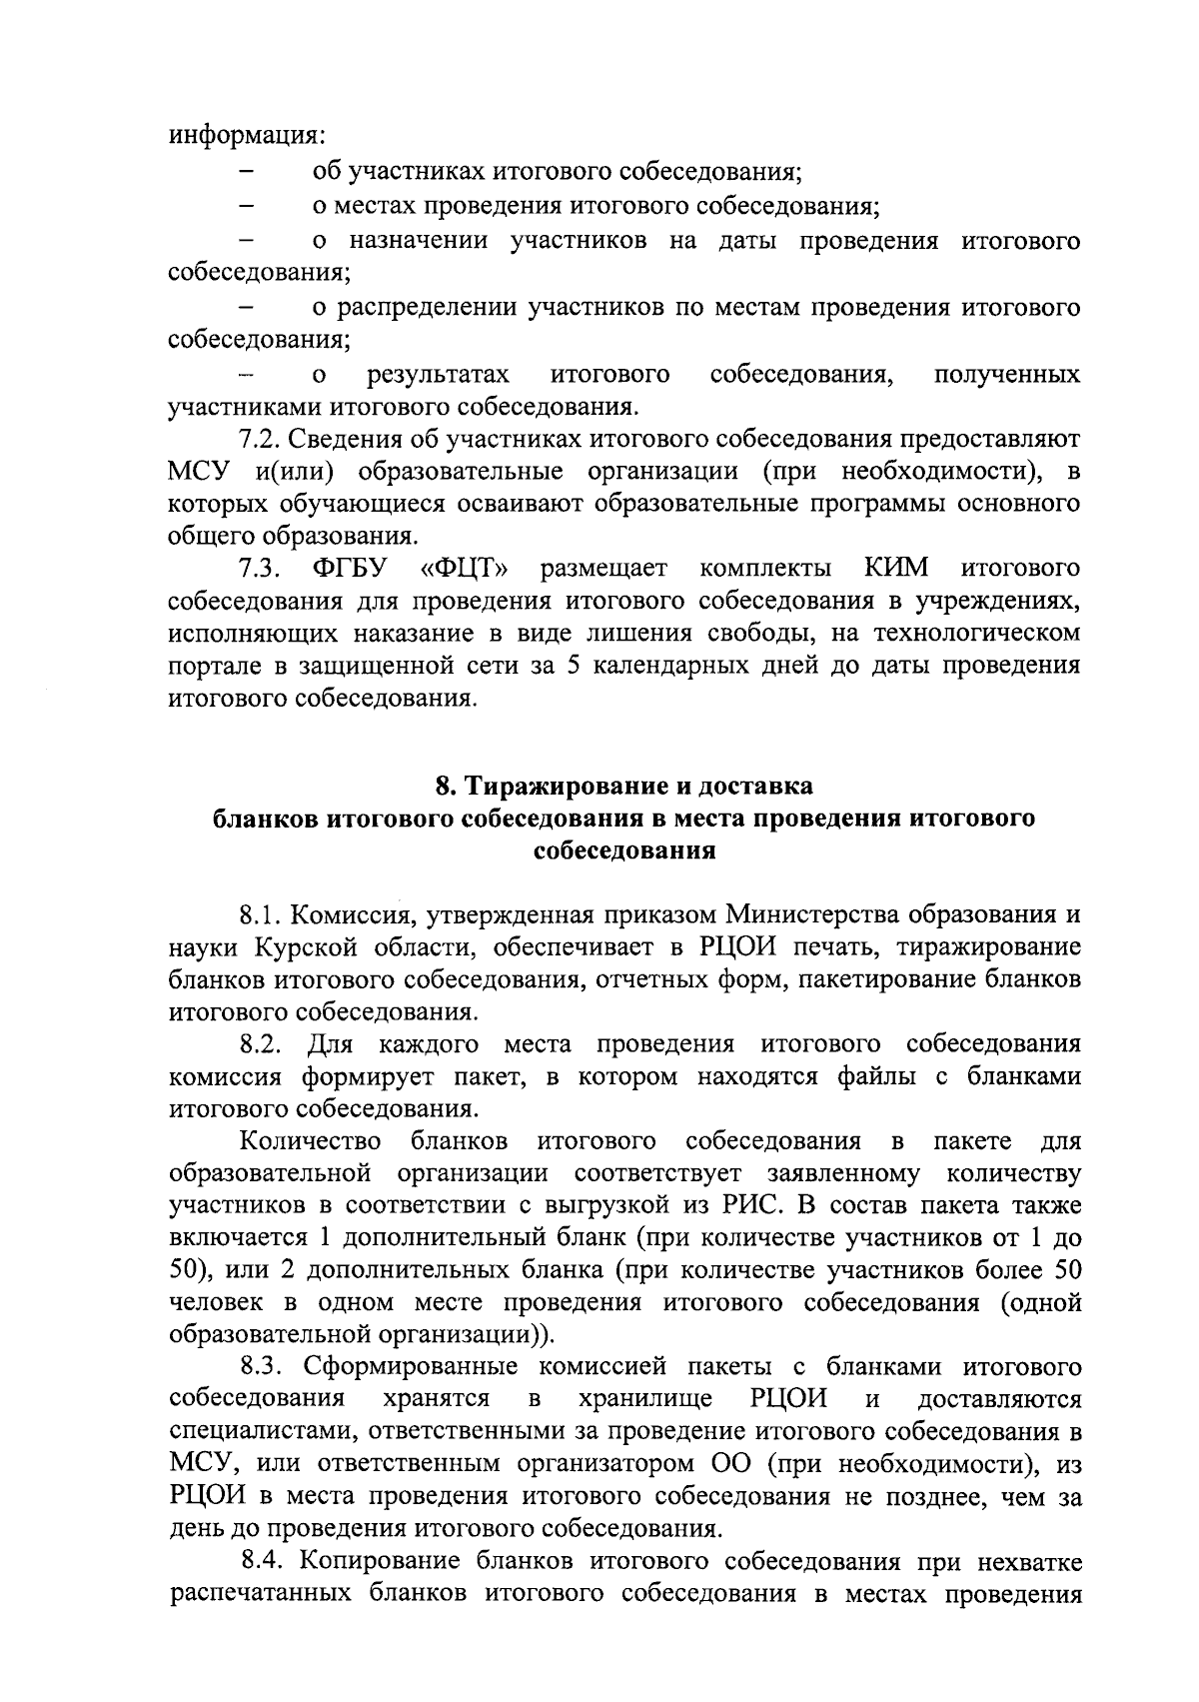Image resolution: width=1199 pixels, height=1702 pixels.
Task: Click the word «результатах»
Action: (438, 375)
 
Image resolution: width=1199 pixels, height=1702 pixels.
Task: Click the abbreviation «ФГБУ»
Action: (349, 569)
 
